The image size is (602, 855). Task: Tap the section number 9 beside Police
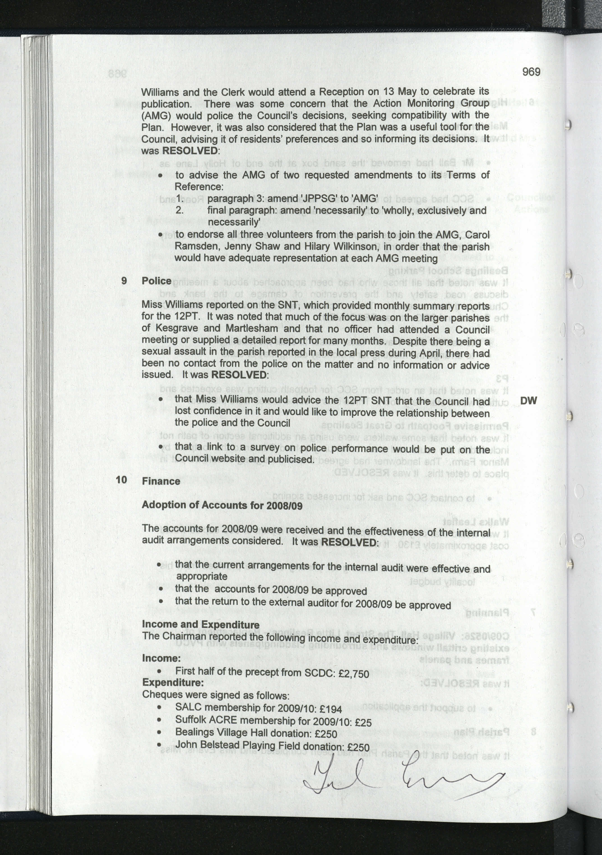(x=124, y=281)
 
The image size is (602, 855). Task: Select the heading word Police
(x=157, y=281)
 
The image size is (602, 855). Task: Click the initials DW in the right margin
(x=528, y=401)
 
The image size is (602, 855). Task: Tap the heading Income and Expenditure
(x=201, y=625)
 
